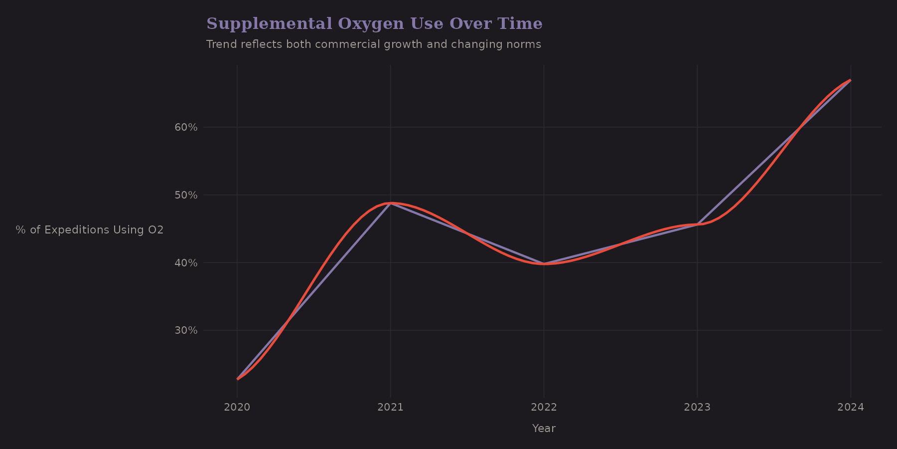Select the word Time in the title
[x=523, y=24]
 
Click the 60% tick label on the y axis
[x=186, y=127]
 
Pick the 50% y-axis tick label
[x=186, y=195]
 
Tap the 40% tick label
[x=186, y=263]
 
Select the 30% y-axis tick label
[x=186, y=330]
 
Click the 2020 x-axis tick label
[x=237, y=407]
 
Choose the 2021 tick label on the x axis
[x=390, y=407]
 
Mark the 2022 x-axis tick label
[x=544, y=407]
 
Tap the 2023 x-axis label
[x=697, y=407]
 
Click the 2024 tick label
[x=851, y=407]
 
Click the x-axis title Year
[x=544, y=429]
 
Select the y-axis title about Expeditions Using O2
[x=90, y=230]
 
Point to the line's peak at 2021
[x=391, y=203]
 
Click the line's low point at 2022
[x=544, y=264]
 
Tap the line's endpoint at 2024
[x=850, y=80]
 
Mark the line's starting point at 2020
[x=237, y=379]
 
